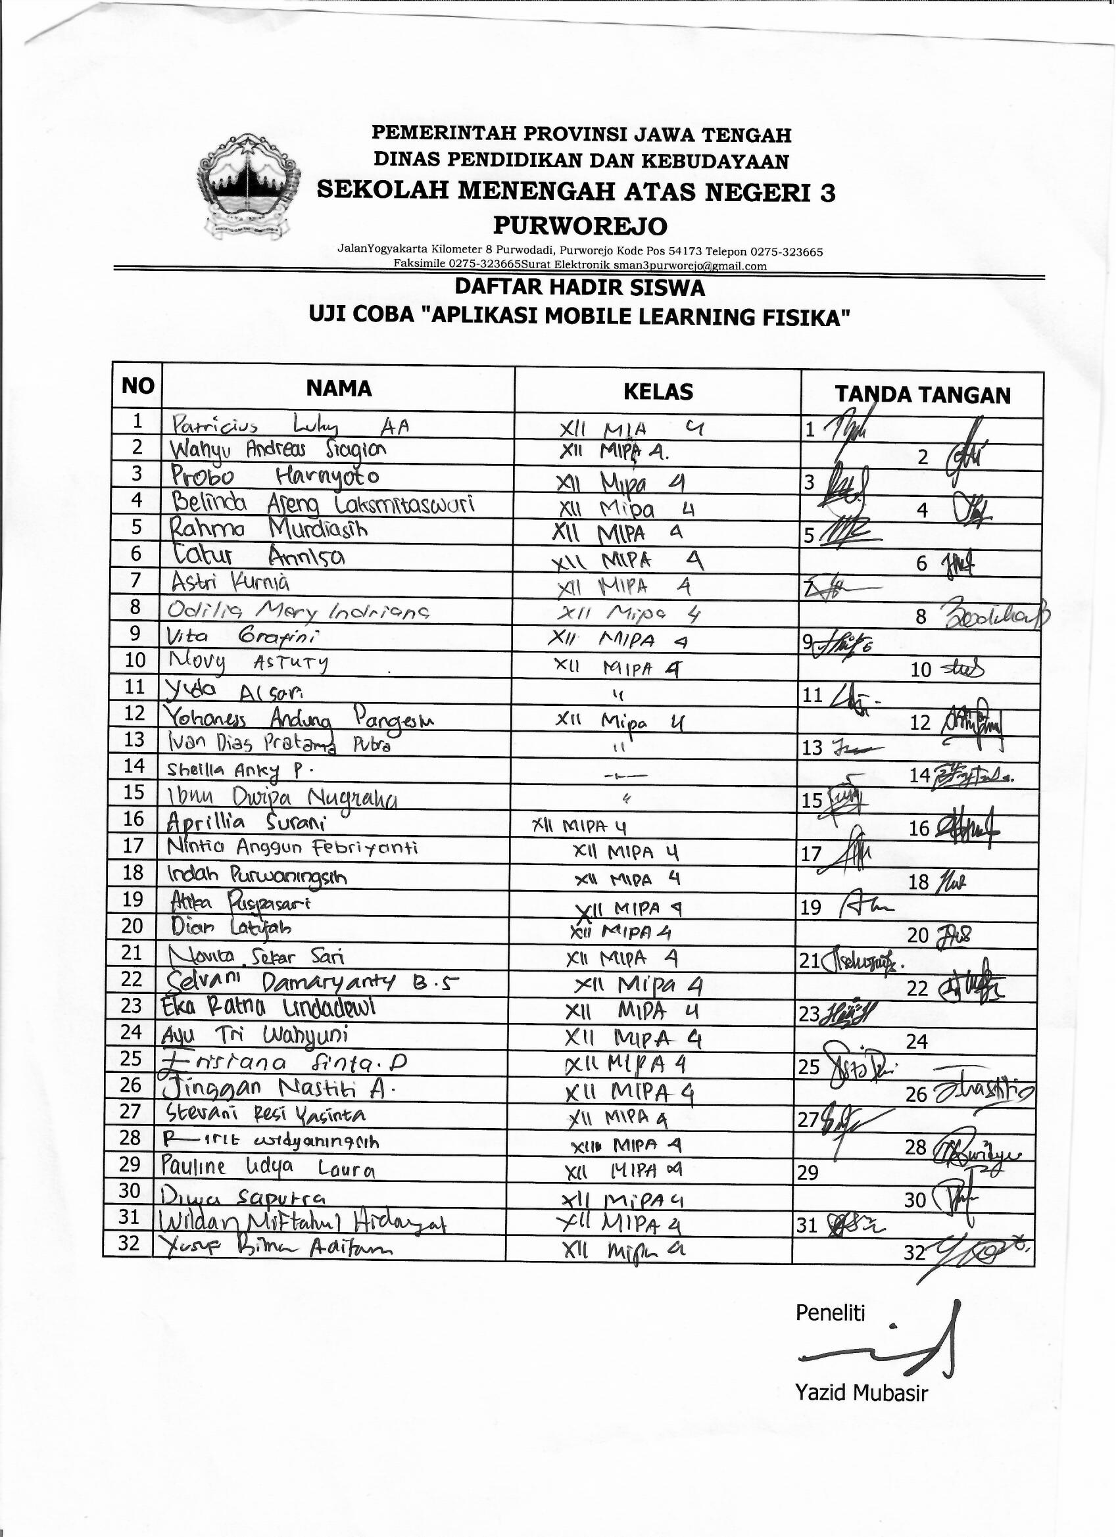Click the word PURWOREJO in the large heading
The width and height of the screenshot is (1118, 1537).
tap(579, 225)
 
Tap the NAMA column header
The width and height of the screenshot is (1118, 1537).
tap(338, 389)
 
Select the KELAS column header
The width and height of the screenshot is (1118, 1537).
tap(658, 391)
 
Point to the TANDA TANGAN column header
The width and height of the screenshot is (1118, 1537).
tap(922, 394)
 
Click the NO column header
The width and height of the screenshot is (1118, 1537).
tap(137, 387)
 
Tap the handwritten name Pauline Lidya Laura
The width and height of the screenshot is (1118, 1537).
tap(268, 1168)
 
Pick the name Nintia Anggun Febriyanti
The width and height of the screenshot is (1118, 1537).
tap(292, 848)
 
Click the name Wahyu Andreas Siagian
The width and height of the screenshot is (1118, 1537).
tap(278, 449)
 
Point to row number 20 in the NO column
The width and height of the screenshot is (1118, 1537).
tap(133, 926)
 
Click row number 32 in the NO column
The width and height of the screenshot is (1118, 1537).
tap(130, 1244)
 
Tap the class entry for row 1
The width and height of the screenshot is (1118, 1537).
tap(632, 429)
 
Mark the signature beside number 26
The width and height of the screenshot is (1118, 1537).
tap(983, 1092)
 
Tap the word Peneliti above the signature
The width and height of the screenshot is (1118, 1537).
tap(830, 1313)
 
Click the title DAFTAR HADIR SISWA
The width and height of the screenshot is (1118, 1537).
tap(579, 287)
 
